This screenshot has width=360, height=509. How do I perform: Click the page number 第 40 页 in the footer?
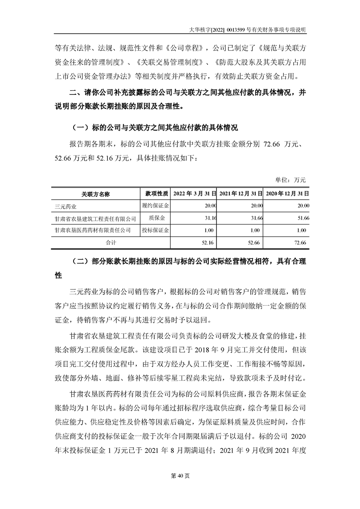click(180, 476)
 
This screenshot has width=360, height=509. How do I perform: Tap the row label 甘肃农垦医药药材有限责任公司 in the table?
click(92, 230)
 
